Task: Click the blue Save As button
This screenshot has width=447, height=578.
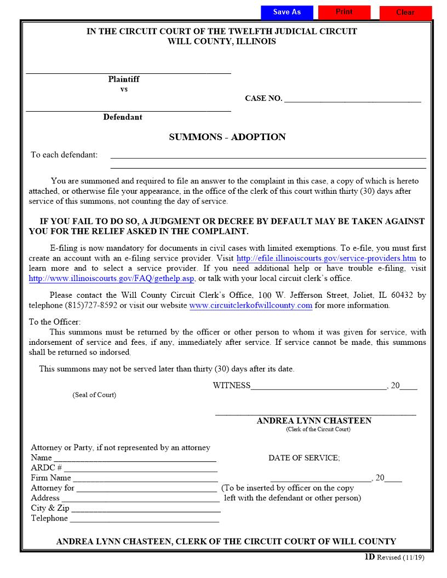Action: (x=287, y=12)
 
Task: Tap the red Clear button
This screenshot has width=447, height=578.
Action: (x=405, y=13)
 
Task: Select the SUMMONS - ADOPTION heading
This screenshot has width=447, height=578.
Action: (x=227, y=137)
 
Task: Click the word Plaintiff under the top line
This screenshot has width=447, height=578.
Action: (x=124, y=79)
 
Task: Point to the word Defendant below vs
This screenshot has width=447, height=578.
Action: (x=123, y=117)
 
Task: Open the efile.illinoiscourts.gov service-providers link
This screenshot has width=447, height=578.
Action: (x=326, y=258)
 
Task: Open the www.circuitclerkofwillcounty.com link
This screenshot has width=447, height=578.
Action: (x=251, y=305)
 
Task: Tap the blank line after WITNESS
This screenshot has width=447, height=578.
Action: (x=318, y=386)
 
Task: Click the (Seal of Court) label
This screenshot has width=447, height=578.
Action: (x=94, y=395)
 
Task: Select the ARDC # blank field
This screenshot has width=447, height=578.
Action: (x=141, y=469)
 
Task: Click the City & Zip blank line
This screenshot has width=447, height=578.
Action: (x=146, y=508)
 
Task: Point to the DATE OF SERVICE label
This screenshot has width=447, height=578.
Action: (x=304, y=458)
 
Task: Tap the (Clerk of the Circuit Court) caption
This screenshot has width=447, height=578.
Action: (x=318, y=430)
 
